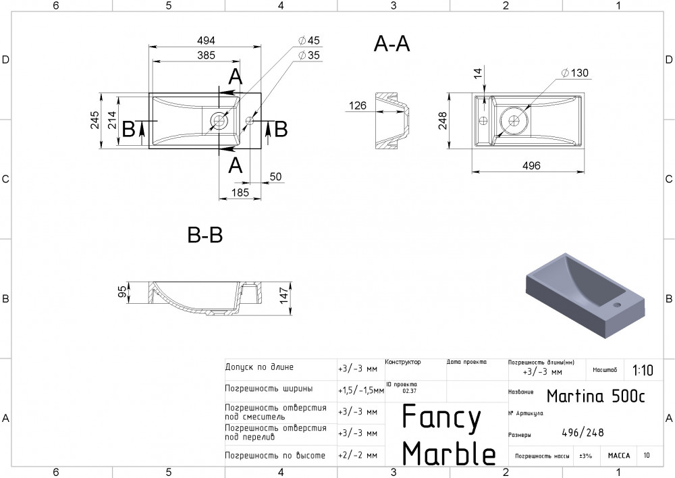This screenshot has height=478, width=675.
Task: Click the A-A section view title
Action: point(391,44)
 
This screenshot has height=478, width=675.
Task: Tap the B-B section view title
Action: point(205,235)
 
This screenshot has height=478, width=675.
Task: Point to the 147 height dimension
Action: point(284,294)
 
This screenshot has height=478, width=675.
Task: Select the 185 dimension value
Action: point(240,192)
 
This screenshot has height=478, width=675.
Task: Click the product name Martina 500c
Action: point(595,396)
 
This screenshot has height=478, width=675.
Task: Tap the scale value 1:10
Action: point(643,370)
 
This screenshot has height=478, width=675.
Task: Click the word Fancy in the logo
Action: point(441,419)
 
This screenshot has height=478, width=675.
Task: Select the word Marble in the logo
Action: point(449,454)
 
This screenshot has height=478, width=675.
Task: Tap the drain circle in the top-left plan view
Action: point(219,121)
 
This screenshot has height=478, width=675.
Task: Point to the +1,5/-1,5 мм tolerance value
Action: point(358,390)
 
